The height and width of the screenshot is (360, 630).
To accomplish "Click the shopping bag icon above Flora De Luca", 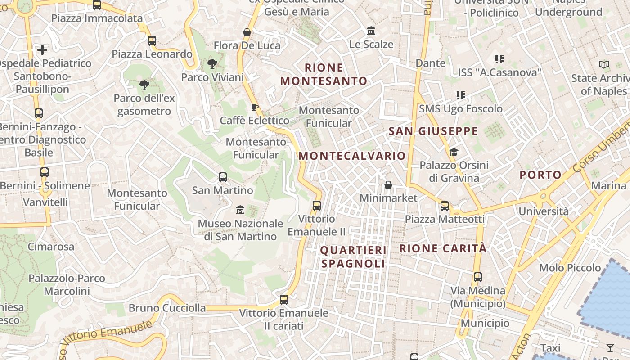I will click(247, 32).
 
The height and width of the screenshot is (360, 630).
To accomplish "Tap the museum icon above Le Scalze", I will click(371, 31).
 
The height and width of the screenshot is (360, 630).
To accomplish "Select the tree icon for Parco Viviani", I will click(212, 64).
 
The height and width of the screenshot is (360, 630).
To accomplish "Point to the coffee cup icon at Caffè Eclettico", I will click(254, 107).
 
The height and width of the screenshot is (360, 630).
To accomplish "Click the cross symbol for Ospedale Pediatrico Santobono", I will click(42, 50).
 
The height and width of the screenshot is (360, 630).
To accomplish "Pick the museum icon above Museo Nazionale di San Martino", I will click(240, 210).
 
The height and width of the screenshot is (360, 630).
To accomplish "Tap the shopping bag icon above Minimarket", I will click(388, 185).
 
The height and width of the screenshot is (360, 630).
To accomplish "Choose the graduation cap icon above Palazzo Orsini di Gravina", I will click(454, 152).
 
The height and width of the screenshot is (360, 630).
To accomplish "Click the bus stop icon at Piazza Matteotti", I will click(445, 206).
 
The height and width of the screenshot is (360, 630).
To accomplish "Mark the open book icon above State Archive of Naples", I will click(604, 65).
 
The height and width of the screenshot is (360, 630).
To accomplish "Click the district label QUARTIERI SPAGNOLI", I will click(353, 257).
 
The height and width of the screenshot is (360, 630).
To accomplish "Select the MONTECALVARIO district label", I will click(352, 156).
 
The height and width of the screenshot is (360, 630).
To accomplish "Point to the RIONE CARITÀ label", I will click(443, 248).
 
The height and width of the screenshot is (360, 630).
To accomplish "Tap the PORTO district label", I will click(540, 175).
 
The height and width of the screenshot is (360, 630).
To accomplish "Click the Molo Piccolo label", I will click(570, 268).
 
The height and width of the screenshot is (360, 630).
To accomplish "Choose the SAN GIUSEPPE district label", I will click(433, 131).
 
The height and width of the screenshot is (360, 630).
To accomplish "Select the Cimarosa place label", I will click(51, 247).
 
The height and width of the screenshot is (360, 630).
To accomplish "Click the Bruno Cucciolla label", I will click(167, 308).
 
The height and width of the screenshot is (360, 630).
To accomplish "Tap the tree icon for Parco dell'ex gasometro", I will click(144, 85).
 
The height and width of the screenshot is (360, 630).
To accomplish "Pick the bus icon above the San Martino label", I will click(223, 177).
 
